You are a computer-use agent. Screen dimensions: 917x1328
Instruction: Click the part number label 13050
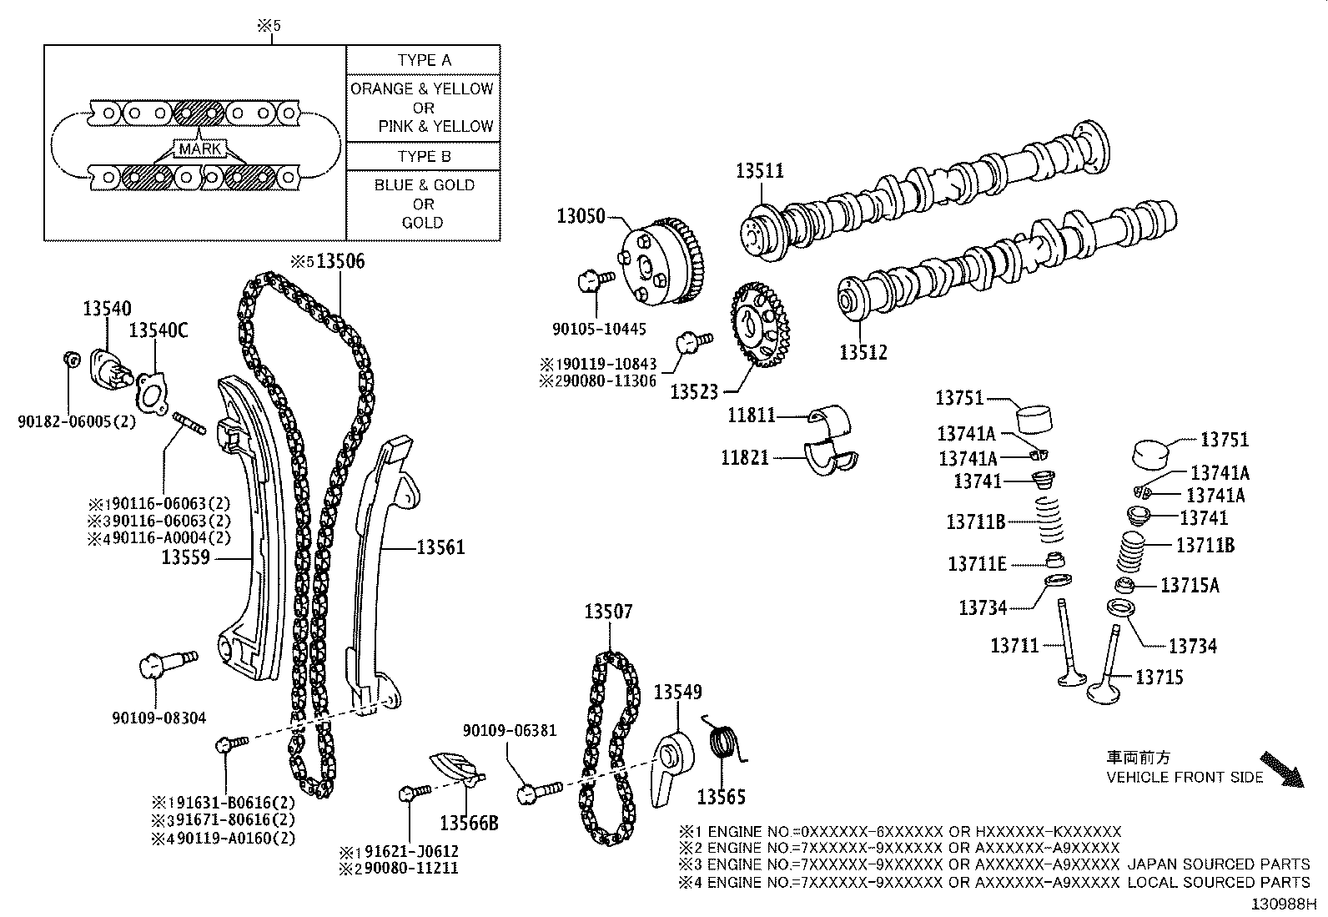tap(581, 217)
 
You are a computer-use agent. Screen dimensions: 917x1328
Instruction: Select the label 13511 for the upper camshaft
tap(759, 171)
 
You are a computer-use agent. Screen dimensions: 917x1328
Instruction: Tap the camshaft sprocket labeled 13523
tap(759, 325)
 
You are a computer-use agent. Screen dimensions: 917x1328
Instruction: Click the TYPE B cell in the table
tap(424, 156)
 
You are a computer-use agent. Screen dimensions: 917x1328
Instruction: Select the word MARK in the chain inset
tap(200, 149)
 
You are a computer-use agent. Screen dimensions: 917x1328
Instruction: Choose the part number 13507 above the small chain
tap(608, 612)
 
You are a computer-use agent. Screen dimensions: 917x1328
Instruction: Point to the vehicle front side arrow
tap(1280, 769)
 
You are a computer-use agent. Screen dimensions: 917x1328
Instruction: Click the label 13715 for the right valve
tap(1159, 678)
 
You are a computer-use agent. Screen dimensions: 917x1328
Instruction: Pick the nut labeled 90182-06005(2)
tap(71, 360)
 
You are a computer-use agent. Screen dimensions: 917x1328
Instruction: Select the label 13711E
tap(977, 565)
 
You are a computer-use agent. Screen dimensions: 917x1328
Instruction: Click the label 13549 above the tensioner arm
tap(677, 692)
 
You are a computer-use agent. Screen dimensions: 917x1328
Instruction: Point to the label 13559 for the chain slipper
tap(185, 557)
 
